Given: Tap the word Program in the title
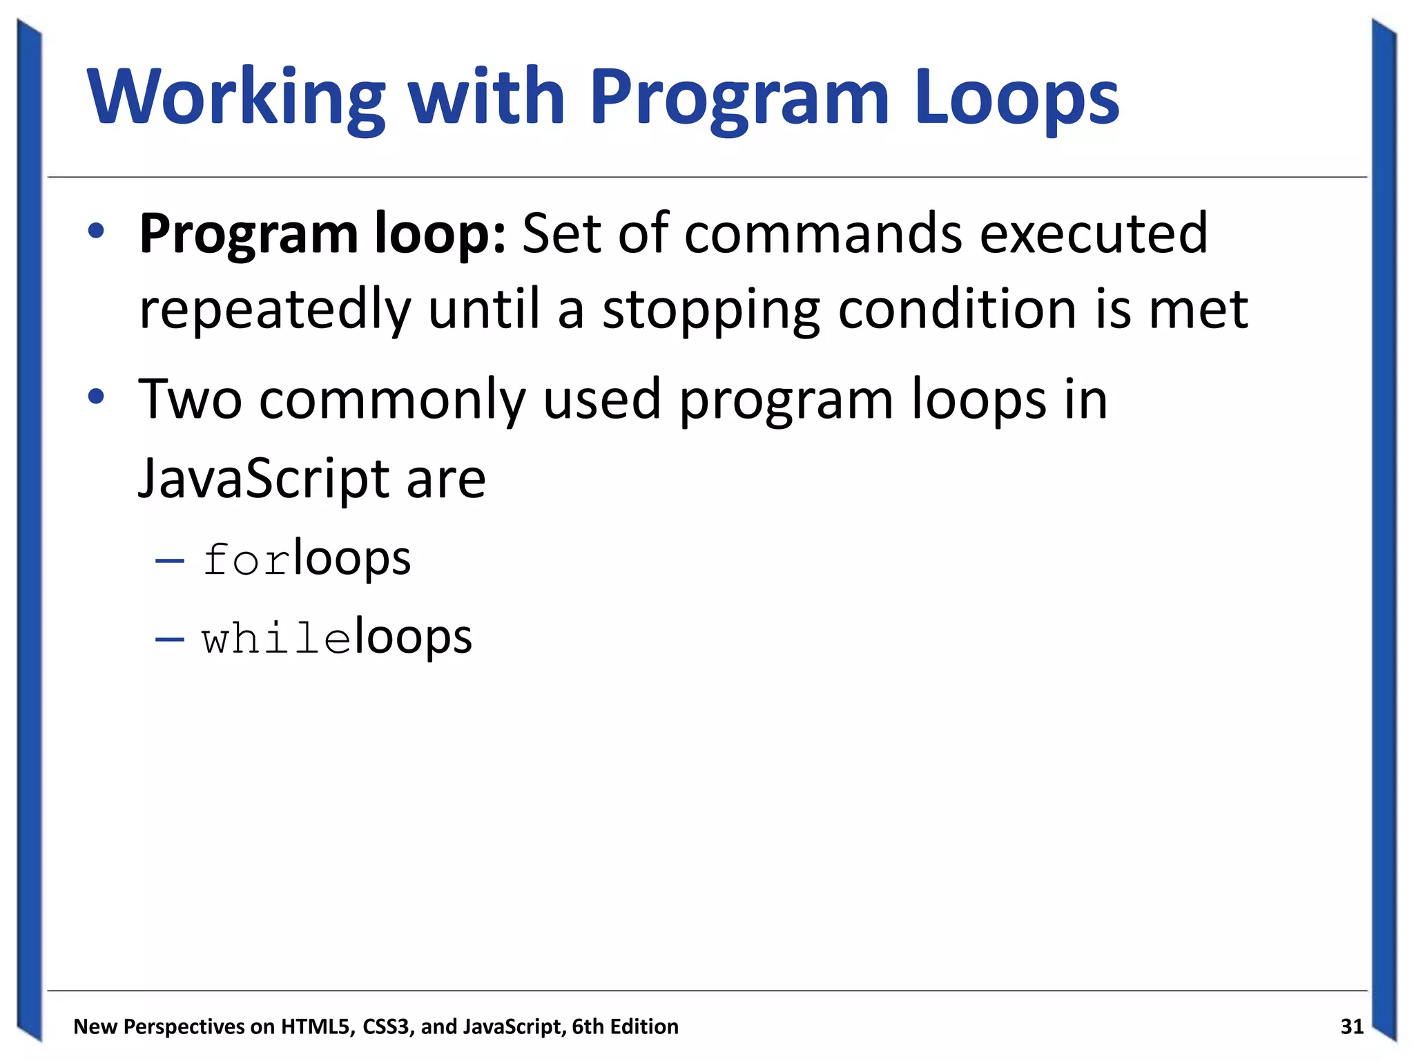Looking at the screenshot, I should click(739, 98).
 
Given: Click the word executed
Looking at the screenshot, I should click(1094, 233).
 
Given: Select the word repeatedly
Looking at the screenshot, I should click(275, 310).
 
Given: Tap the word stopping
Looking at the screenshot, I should click(711, 310).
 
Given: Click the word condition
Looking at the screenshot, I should click(957, 309).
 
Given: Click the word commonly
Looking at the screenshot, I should click(392, 401).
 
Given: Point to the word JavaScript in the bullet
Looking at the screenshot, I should click(264, 479).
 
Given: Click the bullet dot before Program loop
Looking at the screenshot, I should click(96, 231).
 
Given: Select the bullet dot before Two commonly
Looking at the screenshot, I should click(96, 397).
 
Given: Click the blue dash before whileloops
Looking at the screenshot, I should click(170, 638).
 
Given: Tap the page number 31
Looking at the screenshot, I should click(1351, 1026).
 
